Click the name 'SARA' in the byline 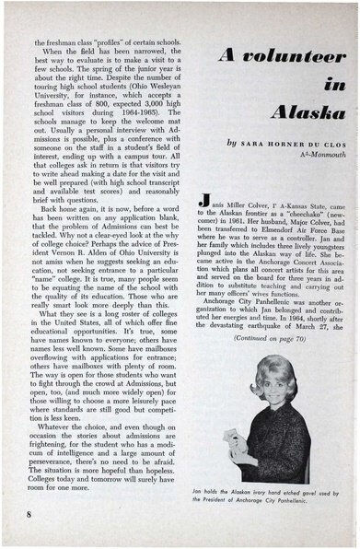coord(260,146)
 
